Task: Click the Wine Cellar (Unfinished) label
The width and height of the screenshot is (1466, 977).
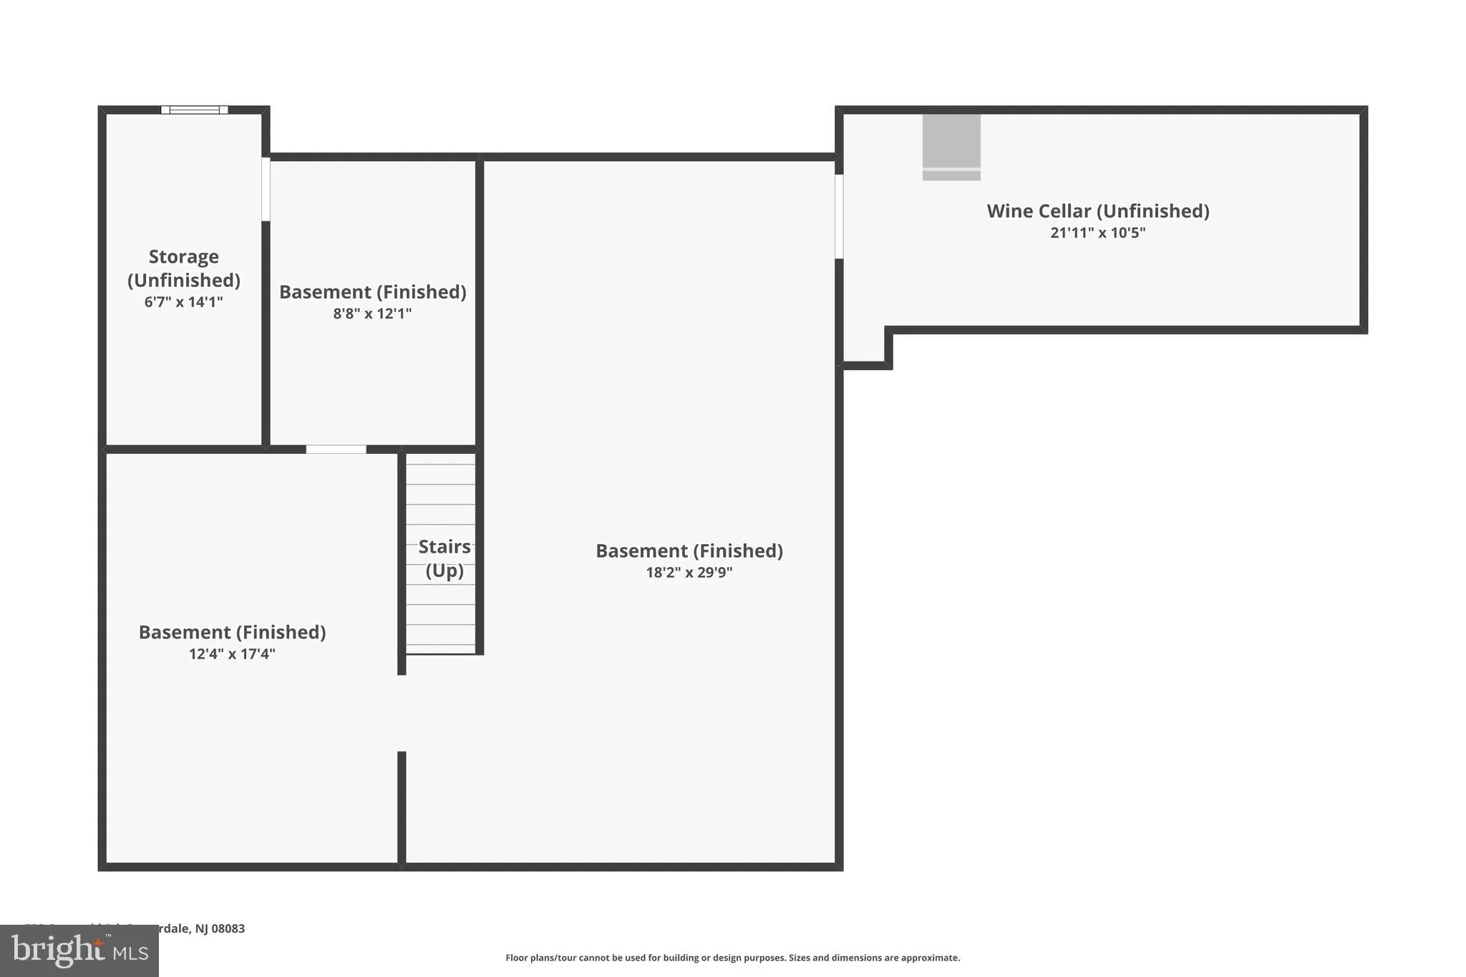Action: pyautogui.click(x=1097, y=211)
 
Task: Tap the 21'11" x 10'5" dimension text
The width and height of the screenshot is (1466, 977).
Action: pyautogui.click(x=1097, y=233)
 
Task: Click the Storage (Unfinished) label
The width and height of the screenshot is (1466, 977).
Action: pyautogui.click(x=183, y=268)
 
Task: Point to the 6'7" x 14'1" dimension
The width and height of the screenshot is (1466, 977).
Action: pyautogui.click(x=183, y=302)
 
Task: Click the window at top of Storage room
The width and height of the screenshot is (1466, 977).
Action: pyautogui.click(x=194, y=110)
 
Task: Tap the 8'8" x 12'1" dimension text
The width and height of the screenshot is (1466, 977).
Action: pyautogui.click(x=372, y=313)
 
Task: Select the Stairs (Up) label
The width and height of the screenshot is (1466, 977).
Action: pyautogui.click(x=444, y=558)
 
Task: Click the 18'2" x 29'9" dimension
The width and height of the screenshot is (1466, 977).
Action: pyautogui.click(x=689, y=573)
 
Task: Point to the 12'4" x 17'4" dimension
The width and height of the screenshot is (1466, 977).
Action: pyautogui.click(x=232, y=654)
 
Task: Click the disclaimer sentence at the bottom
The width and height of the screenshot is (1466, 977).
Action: pyautogui.click(x=732, y=958)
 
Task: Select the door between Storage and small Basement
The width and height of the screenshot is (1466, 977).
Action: pyautogui.click(x=266, y=189)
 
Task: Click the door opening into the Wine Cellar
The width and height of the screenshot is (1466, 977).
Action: pyautogui.click(x=839, y=216)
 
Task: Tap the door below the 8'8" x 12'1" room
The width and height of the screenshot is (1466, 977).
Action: pyautogui.click(x=336, y=449)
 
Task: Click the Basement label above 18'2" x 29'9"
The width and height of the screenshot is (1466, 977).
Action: pyautogui.click(x=689, y=551)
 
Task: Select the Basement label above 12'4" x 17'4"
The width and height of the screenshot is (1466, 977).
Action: pyautogui.click(x=232, y=633)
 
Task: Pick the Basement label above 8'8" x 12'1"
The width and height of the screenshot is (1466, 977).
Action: pyautogui.click(x=372, y=292)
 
